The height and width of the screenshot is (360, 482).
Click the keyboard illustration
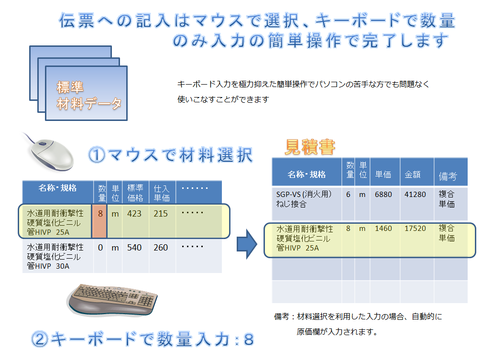tap(112, 300)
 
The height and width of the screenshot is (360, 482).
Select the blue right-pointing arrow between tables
tap(247, 244)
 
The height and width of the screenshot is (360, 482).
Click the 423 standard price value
tap(134, 214)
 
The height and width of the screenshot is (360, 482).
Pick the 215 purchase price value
tap(161, 214)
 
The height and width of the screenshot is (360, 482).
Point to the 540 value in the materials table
tap(134, 248)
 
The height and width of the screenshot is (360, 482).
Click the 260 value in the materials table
tap(161, 248)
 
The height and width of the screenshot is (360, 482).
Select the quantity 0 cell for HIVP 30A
tap(100, 248)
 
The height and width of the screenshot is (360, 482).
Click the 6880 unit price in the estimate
tap(383, 195)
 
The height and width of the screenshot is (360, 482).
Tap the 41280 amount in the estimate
tap(415, 195)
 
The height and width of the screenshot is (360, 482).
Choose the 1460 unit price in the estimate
tap(383, 229)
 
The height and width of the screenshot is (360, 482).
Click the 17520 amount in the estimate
tap(415, 229)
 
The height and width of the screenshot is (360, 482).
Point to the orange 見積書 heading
tap(310, 147)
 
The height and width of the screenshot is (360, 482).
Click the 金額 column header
tap(413, 175)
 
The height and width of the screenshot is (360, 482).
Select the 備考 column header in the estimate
tap(448, 176)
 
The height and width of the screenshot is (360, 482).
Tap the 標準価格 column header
tap(135, 193)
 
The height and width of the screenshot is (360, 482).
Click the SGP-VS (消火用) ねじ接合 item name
tap(304, 199)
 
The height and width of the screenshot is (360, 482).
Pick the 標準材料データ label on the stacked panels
tap(89, 95)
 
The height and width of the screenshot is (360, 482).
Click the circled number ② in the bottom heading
tap(40, 339)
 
